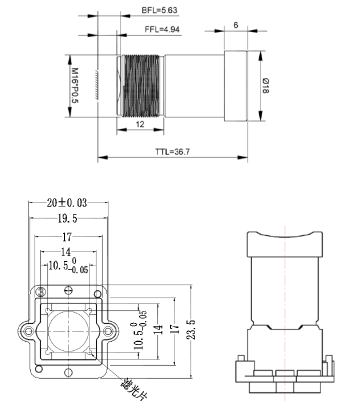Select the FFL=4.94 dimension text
[161, 29]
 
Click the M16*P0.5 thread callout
[74, 85]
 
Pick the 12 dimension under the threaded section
[139, 124]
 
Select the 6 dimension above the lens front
[235, 25]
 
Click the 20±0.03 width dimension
[66, 203]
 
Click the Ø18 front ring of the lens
[235, 85]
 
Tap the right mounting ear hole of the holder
[108, 330]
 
